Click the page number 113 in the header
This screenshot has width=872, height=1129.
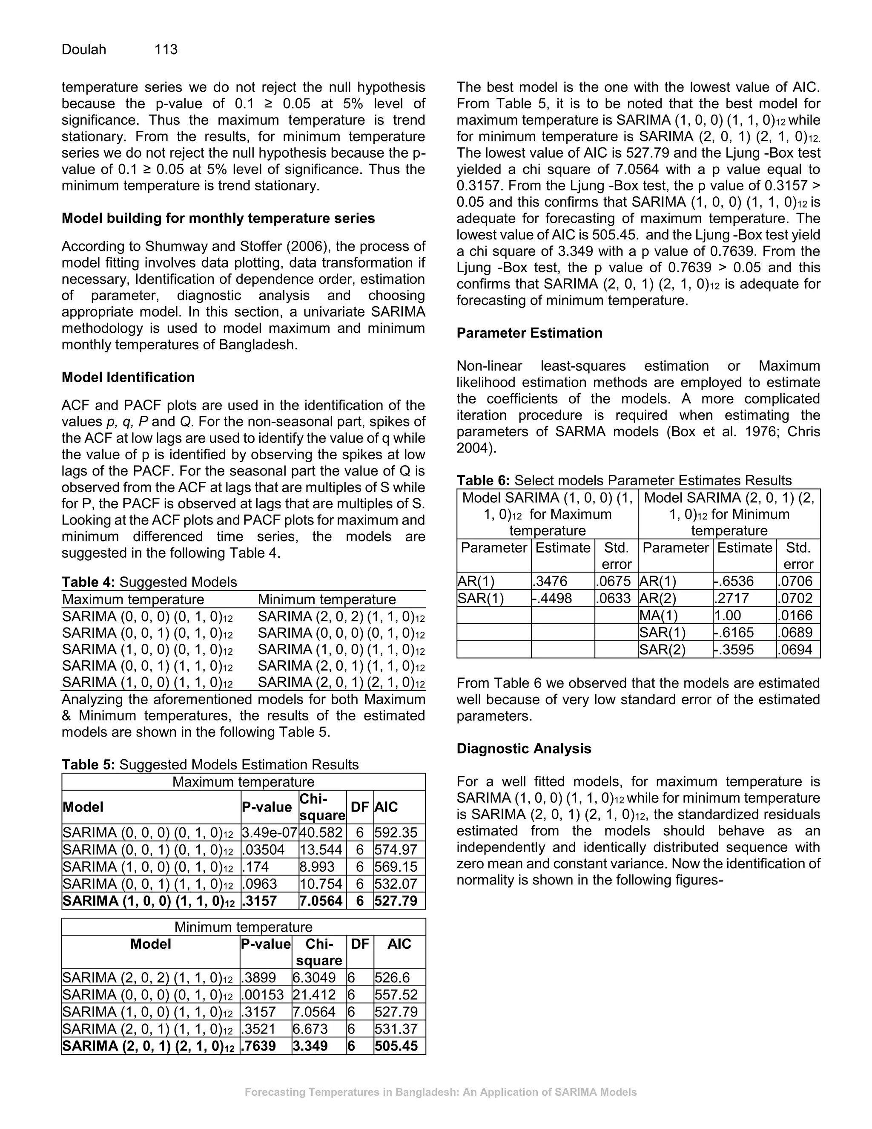point(166,49)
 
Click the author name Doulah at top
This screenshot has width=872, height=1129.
point(84,49)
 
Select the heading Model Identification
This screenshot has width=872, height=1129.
point(128,377)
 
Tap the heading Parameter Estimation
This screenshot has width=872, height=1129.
point(529,333)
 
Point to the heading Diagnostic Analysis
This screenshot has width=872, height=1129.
point(523,749)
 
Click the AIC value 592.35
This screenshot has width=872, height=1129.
point(396,833)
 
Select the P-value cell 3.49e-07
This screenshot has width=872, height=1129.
point(269,833)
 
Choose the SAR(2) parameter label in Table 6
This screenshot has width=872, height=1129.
point(662,650)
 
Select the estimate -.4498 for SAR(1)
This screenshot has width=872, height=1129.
point(552,599)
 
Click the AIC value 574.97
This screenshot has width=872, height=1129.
point(396,850)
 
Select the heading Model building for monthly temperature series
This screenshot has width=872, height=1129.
point(218,218)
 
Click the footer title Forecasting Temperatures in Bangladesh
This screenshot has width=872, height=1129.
point(440,1092)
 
